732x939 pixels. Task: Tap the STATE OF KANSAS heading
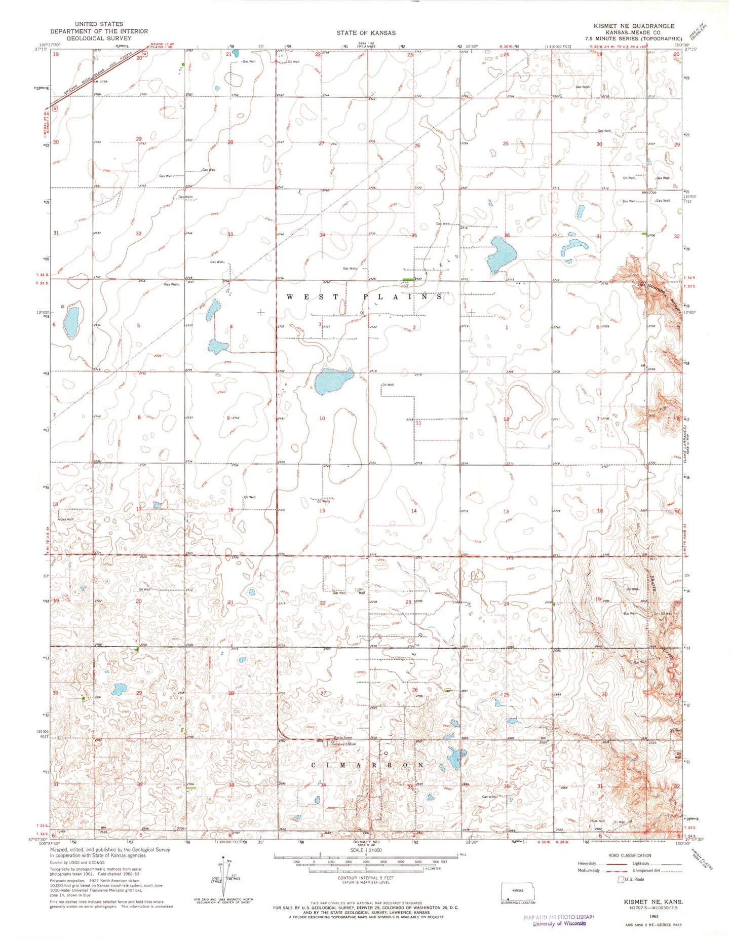(x=366, y=33)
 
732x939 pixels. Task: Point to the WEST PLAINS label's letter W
(x=291, y=297)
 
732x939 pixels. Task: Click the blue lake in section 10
(x=332, y=381)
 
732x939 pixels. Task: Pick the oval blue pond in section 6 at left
(x=71, y=323)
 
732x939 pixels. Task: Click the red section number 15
(x=322, y=511)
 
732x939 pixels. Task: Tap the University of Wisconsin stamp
(x=559, y=923)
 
